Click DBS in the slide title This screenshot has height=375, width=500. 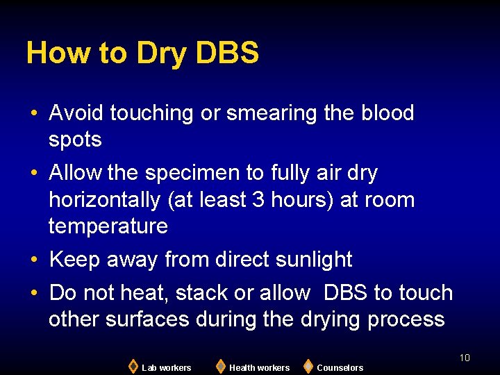pos(228,53)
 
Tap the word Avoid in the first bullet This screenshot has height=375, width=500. pos(77,113)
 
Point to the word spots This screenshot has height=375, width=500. pos(75,140)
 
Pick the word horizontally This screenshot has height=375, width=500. pos(105,200)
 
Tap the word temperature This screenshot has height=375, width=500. pos(108,226)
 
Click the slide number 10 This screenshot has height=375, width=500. pos(465,358)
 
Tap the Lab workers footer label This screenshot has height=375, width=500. pos(166,367)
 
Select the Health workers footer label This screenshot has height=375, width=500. pos(259,367)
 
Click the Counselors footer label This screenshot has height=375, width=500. pos(340,367)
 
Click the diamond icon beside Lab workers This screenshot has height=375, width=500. pos(133,366)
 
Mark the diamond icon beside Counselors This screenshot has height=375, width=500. pos(308,366)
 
